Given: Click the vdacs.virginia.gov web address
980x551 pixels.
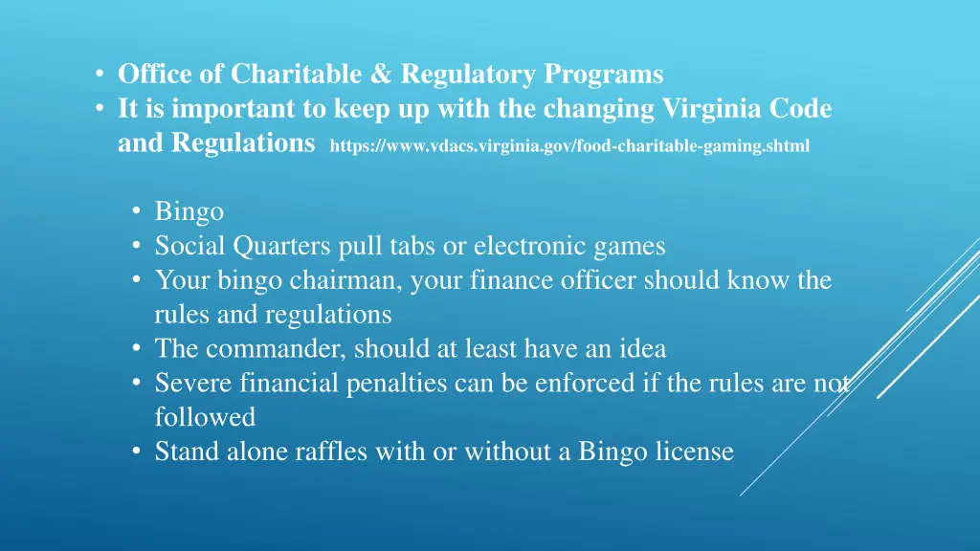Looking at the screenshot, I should [x=568, y=146].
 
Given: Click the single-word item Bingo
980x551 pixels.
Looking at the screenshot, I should [x=189, y=211].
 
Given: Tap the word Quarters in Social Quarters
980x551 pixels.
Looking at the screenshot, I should [x=282, y=246].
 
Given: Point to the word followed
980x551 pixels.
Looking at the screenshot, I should [x=205, y=418].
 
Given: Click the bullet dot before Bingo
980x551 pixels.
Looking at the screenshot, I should [x=138, y=211].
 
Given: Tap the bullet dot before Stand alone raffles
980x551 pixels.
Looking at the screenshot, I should [x=138, y=452].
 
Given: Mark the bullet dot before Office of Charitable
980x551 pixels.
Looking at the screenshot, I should [x=100, y=75].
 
